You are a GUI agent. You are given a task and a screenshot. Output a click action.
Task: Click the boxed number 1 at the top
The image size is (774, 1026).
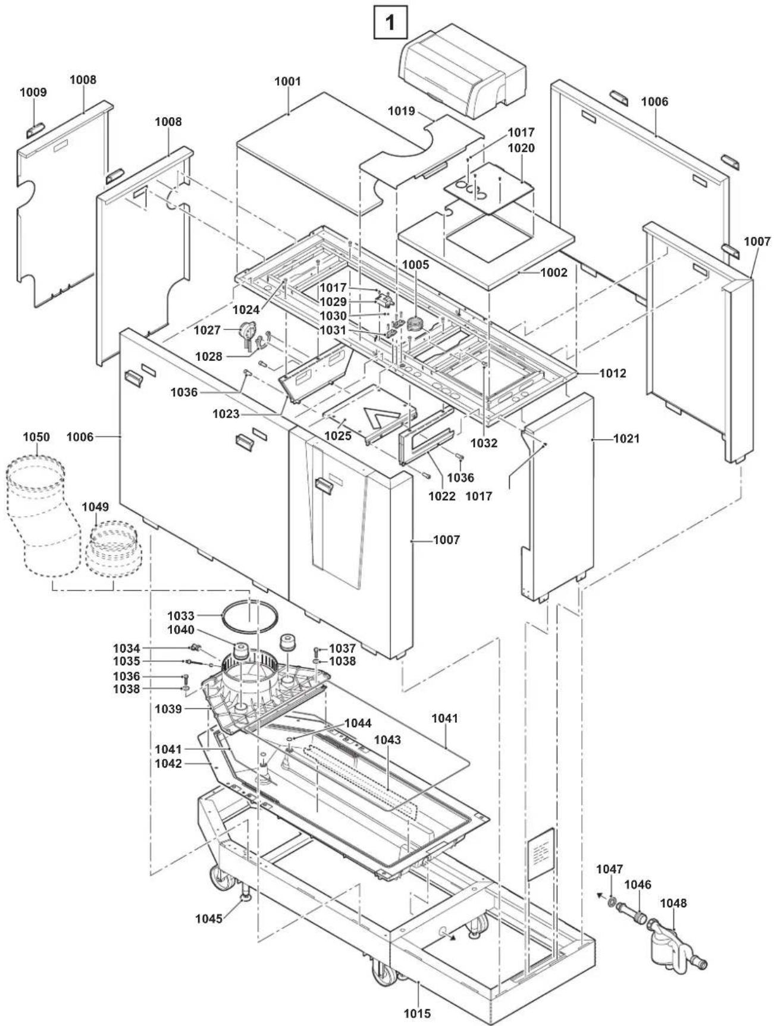390,24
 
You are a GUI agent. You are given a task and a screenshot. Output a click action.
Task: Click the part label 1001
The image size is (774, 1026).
287,82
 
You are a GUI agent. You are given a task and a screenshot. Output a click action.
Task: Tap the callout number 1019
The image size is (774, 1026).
402,111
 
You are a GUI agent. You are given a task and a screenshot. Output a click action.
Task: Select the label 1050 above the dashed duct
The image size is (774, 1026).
36,437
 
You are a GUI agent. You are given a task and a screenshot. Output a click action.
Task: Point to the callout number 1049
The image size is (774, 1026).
95,506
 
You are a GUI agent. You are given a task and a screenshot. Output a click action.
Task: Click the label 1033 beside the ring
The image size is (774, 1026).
180,616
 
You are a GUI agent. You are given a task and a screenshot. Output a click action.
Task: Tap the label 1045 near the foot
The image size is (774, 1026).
209,918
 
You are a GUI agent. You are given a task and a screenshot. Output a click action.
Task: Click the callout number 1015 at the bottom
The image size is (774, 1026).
416,1013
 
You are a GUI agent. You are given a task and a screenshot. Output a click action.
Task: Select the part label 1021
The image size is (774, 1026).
626,439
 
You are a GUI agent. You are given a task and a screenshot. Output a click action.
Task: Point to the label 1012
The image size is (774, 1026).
613,373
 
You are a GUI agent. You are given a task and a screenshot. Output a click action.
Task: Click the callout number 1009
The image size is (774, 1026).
33,93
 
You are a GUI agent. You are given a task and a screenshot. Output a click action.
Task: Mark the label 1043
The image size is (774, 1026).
387,740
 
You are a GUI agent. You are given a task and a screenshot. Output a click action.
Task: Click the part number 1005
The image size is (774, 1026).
415,265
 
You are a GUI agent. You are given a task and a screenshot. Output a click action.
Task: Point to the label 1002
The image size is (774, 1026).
554,273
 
